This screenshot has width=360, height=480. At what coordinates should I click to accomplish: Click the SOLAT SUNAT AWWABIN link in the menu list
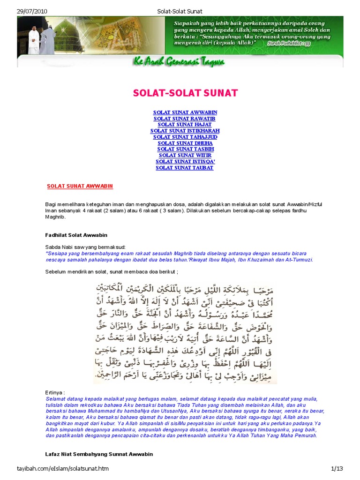coord(185,112)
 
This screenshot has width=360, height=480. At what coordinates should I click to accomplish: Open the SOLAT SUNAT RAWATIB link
coord(185,119)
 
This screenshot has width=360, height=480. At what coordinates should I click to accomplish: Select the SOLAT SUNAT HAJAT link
coord(185,125)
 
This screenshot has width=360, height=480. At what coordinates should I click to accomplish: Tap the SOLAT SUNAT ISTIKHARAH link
coord(185,131)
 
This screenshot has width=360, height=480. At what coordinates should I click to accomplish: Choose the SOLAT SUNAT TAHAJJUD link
coord(185,137)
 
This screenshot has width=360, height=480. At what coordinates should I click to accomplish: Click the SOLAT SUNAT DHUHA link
coord(185,143)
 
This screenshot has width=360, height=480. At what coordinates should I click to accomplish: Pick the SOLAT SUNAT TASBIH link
coord(185,149)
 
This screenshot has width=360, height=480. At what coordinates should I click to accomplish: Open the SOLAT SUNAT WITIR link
coord(185,155)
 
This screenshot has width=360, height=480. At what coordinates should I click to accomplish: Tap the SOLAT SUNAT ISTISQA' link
coord(185,161)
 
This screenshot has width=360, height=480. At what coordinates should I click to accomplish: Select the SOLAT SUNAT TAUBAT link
coord(185,167)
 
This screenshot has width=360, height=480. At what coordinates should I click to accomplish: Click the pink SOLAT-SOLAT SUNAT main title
coord(185,93)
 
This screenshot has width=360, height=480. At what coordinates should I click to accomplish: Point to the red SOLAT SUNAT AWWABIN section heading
coord(80,186)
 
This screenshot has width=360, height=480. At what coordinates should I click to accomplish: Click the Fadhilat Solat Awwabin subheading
coord(76,234)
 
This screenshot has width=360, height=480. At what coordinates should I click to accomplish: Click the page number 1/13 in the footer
coord(337,469)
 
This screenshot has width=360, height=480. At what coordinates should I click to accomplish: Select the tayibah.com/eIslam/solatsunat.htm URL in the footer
coord(60,469)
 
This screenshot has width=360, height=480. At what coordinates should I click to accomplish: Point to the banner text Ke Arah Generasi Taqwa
coord(180,62)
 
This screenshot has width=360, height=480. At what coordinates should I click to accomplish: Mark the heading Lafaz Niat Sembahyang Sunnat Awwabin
coord(99,454)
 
